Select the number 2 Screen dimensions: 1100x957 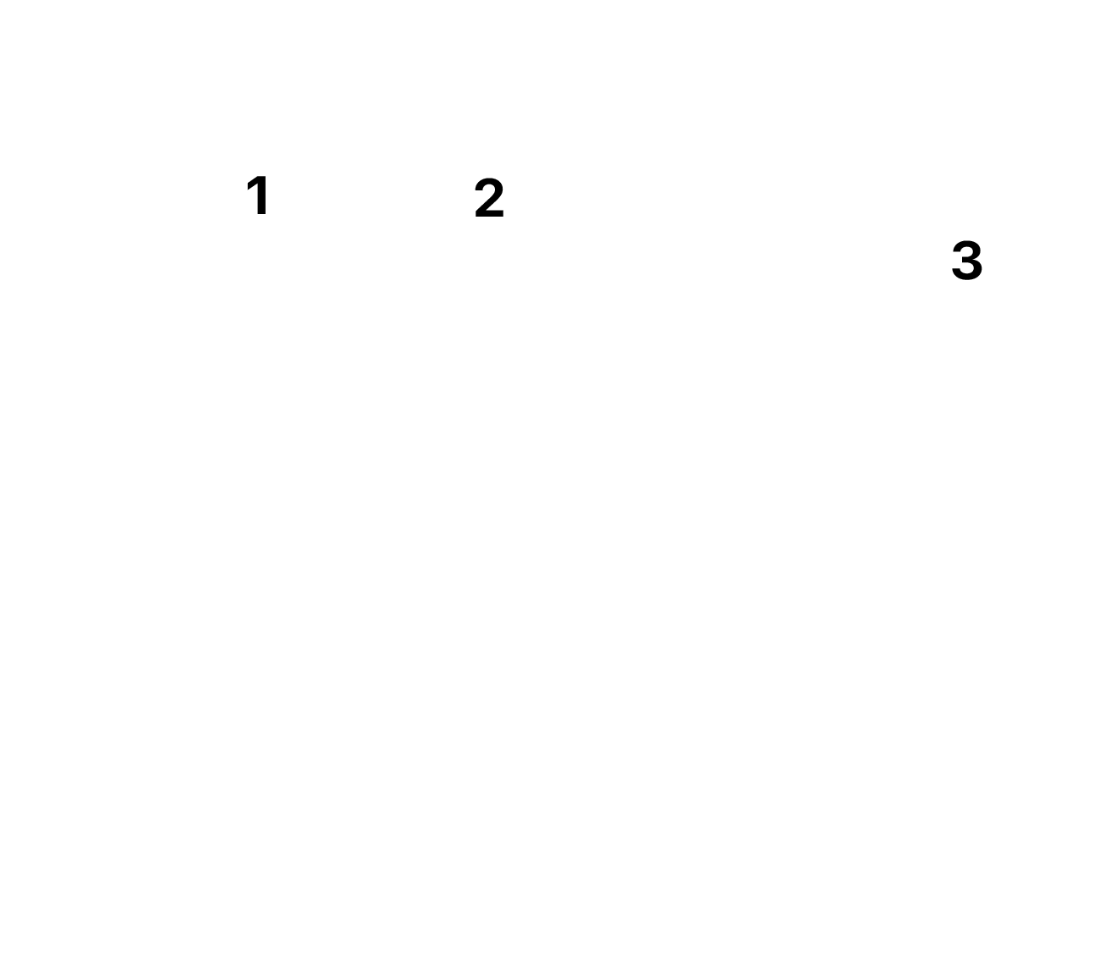click(x=489, y=198)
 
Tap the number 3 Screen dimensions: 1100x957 click(x=966, y=261)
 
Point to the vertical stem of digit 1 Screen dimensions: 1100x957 click(x=261, y=195)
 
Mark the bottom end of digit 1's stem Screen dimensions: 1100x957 click(x=261, y=215)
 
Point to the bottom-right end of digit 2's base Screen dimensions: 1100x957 click(x=503, y=217)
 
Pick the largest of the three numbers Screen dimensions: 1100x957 click(x=966, y=261)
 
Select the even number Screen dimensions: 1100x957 click(x=489, y=198)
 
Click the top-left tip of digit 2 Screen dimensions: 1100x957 click(x=477, y=190)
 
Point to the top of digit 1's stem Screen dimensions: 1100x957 click(x=261, y=176)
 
